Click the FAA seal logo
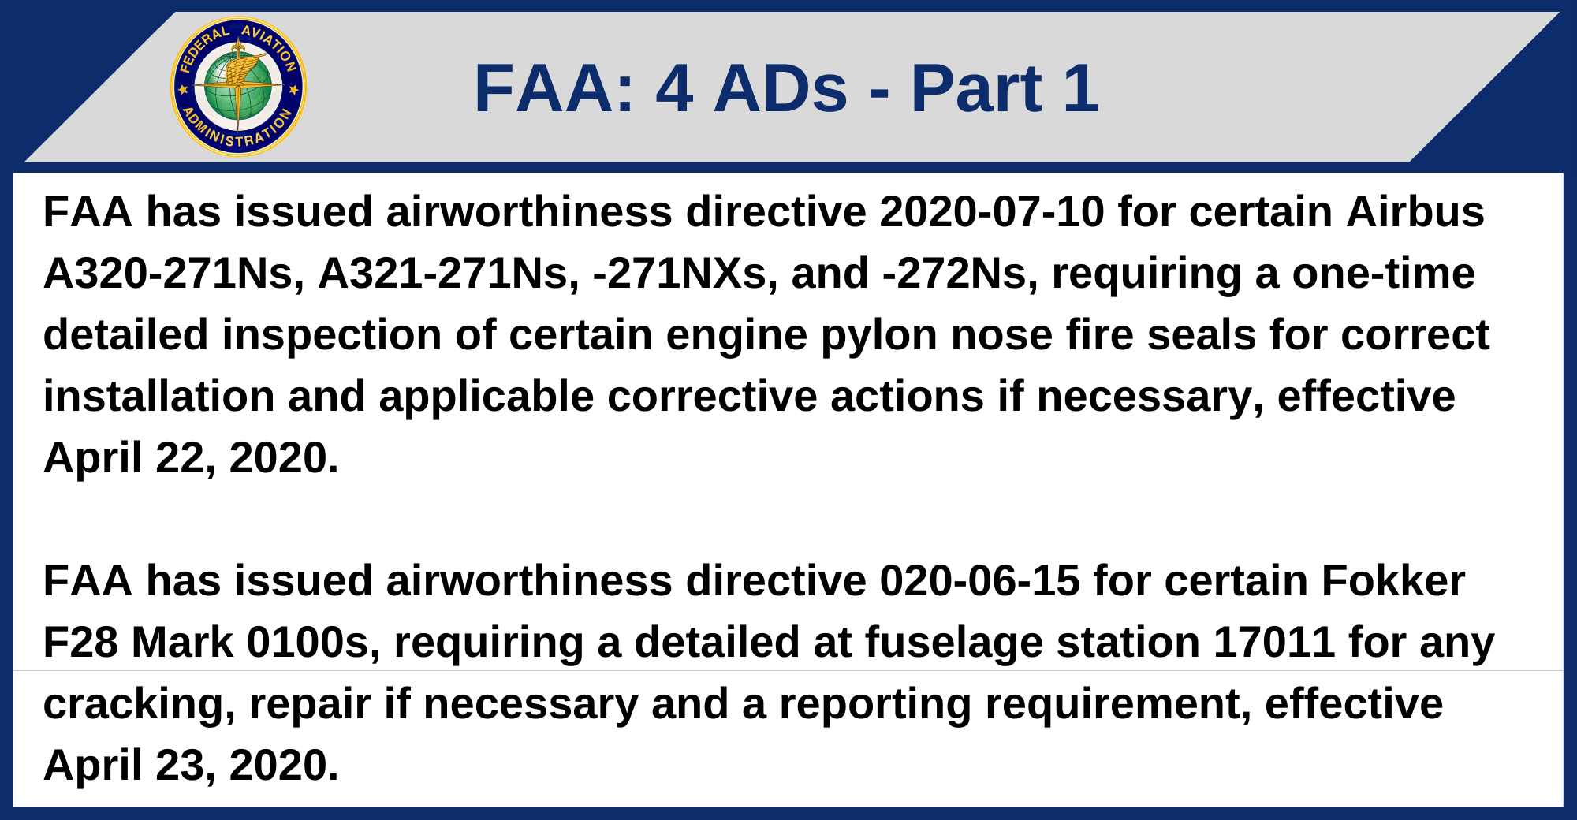coord(238,87)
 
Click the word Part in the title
coord(976,88)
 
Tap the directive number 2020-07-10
coord(991,212)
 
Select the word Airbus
coord(1415,212)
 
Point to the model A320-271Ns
coord(173,274)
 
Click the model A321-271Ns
coord(448,274)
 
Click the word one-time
coord(1383,274)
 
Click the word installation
coord(158,397)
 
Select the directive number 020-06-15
coord(979,581)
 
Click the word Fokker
coord(1392,581)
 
